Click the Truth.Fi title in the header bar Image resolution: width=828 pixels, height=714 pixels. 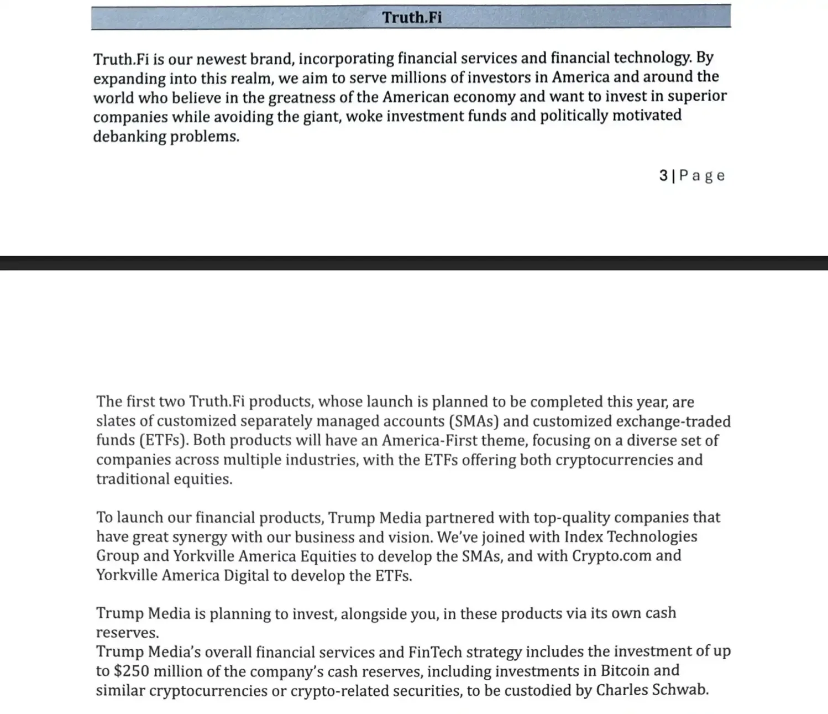(x=412, y=18)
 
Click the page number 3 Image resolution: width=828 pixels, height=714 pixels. (x=663, y=176)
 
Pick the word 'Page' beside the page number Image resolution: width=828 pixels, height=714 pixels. (x=702, y=176)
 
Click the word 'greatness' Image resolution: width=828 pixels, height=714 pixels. (x=302, y=97)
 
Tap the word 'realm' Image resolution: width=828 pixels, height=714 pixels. (x=252, y=78)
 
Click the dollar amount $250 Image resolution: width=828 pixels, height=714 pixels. (x=131, y=671)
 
